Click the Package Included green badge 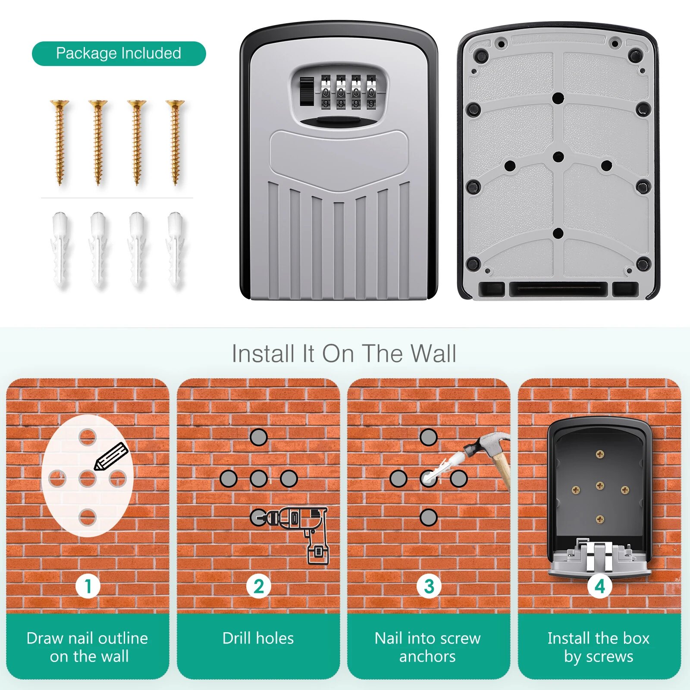tap(119, 53)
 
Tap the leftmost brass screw tap(60, 142)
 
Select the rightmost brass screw tap(175, 142)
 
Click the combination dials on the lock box tap(348, 91)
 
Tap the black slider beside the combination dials tap(307, 91)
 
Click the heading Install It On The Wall tap(344, 354)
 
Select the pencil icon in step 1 tap(111, 456)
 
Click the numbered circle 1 tap(88, 586)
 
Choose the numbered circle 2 tap(258, 586)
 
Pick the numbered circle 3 tap(429, 586)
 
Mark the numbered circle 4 tap(599, 586)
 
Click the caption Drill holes tap(258, 638)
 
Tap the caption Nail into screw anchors tap(427, 647)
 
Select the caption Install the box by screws tap(598, 647)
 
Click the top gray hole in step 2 tap(259, 437)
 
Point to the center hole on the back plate tap(558, 157)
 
